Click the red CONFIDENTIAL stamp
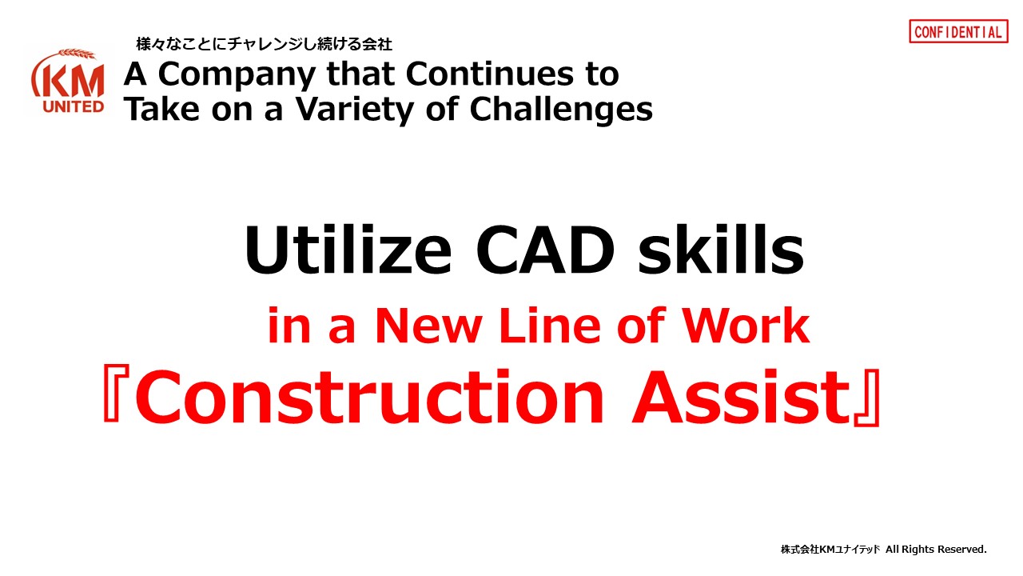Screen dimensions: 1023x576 pos(958,31)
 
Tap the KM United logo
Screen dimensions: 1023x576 pos(69,82)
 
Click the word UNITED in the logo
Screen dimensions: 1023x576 pos(73,106)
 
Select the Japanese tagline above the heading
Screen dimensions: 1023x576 pos(264,44)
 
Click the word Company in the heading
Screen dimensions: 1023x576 pos(236,75)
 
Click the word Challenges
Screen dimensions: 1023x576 pos(561,110)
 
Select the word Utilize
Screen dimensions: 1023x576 pos(348,250)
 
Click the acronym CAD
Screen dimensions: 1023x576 pos(545,250)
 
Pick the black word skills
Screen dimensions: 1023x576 pos(721,250)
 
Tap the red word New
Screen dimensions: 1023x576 pos(428,326)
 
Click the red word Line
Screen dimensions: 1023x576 pos(549,325)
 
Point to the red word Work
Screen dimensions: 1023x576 pos(746,325)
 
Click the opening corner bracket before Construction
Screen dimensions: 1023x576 pos(112,393)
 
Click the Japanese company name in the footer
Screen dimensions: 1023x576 pos(830,549)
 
